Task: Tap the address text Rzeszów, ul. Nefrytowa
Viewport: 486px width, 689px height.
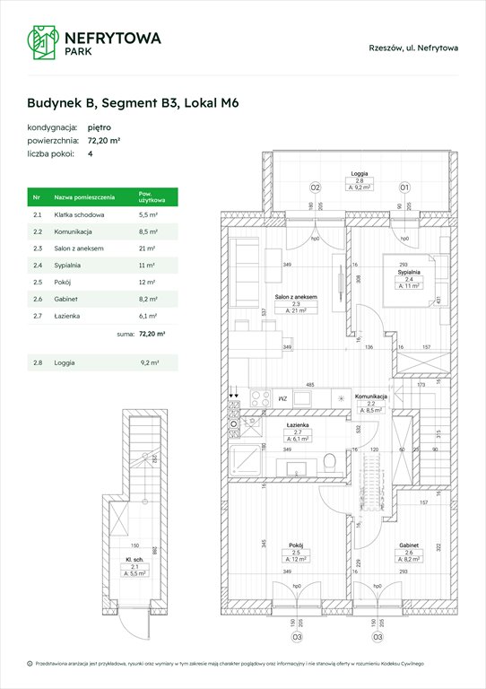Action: pyautogui.click(x=413, y=48)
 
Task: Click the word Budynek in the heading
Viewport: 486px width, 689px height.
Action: pyautogui.click(x=58, y=103)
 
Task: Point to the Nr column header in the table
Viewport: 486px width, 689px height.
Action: pyautogui.click(x=36, y=197)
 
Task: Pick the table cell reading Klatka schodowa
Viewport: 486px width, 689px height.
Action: pyautogui.click(x=79, y=215)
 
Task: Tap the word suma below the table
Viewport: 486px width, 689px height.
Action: pyautogui.click(x=126, y=333)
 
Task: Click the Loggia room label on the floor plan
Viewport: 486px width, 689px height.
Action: pyautogui.click(x=360, y=179)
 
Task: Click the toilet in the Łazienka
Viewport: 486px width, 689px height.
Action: pyautogui.click(x=331, y=460)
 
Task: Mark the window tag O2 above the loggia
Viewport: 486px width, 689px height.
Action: pyautogui.click(x=316, y=188)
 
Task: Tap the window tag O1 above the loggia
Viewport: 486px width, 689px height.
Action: pyautogui.click(x=404, y=188)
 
